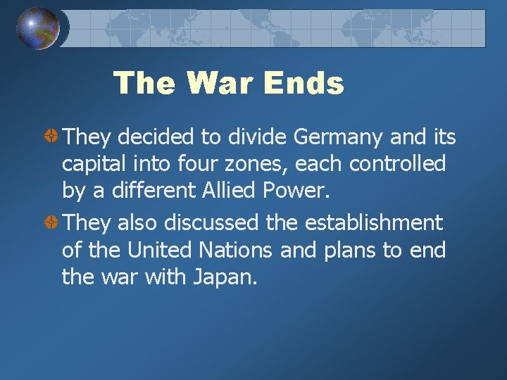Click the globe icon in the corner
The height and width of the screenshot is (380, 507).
click(x=38, y=27)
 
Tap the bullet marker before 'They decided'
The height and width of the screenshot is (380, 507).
click(x=51, y=136)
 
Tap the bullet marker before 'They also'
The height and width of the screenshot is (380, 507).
click(x=51, y=223)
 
